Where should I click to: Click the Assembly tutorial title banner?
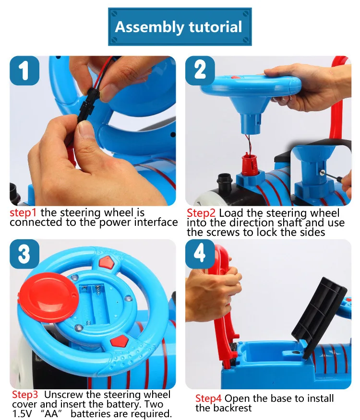tap(180, 26)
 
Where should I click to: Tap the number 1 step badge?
tap(24, 70)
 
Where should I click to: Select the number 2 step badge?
tap(200, 70)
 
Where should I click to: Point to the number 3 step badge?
tap(24, 254)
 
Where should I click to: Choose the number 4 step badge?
tap(200, 254)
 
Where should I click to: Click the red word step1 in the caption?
tap(23, 213)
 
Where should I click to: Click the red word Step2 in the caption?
tap(201, 213)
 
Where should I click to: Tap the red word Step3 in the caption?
tap(25, 395)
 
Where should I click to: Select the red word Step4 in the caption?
tap(208, 398)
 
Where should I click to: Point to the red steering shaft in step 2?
tap(250, 164)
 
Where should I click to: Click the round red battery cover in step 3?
tap(49, 297)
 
